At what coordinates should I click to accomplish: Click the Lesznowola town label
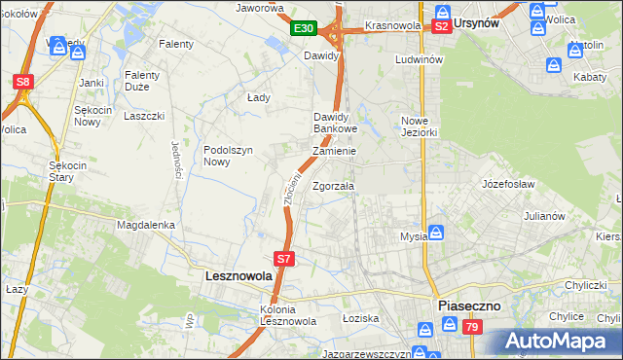pyautogui.click(x=238, y=276)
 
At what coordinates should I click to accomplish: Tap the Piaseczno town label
pyautogui.click(x=469, y=305)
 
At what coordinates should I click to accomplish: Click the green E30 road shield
pyautogui.click(x=303, y=29)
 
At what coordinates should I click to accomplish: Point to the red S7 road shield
pyautogui.click(x=283, y=259)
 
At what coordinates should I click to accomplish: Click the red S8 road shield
pyautogui.click(x=24, y=83)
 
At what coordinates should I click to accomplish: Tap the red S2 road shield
pyautogui.click(x=442, y=27)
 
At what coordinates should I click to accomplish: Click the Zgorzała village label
pyautogui.click(x=334, y=186)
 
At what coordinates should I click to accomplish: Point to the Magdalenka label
pyautogui.click(x=145, y=225)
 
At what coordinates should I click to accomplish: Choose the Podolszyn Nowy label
pyautogui.click(x=229, y=156)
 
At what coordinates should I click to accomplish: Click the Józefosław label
pyautogui.click(x=509, y=182)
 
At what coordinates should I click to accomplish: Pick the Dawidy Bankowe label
pyautogui.click(x=336, y=123)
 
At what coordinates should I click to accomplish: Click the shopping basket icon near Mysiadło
pyautogui.click(x=437, y=233)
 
